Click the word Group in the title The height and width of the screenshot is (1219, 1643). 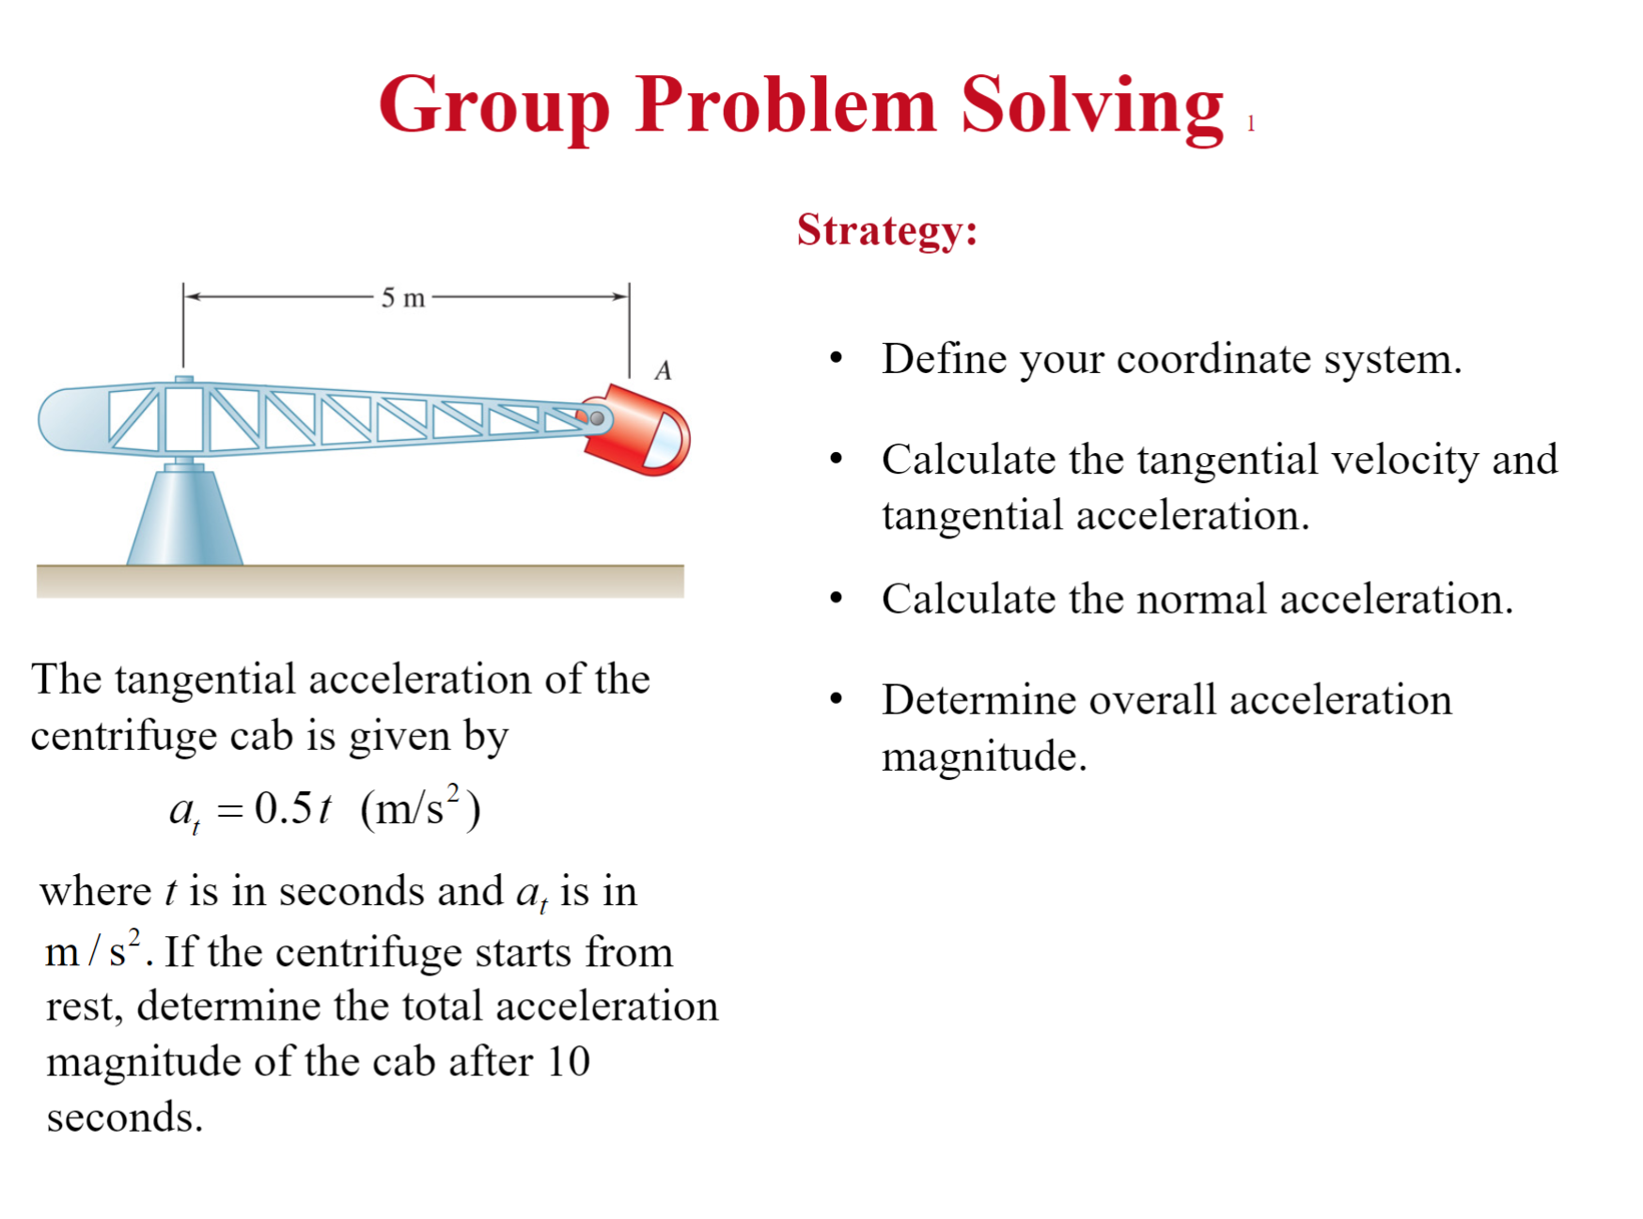click(494, 105)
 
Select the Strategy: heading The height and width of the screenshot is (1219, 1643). click(887, 230)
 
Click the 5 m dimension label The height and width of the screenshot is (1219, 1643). click(403, 298)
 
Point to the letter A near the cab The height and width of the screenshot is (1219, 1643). click(664, 370)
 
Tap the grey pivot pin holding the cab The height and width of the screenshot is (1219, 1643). click(596, 418)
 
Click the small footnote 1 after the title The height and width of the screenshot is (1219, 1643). click(1251, 124)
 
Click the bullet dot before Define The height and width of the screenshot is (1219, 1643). click(836, 358)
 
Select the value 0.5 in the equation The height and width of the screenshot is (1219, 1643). click(283, 808)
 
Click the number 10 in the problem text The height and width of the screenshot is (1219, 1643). click(568, 1062)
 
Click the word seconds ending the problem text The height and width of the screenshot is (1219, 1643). click(124, 1117)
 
